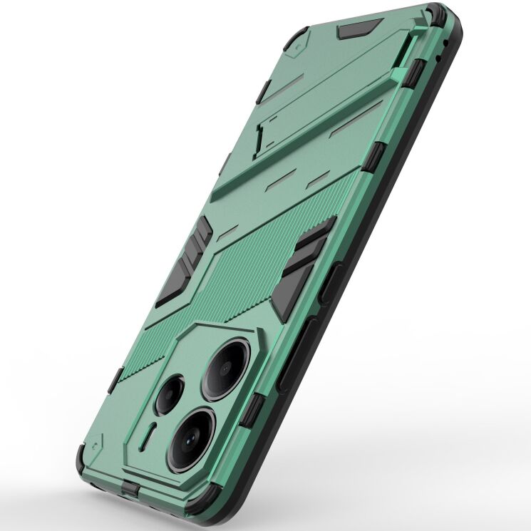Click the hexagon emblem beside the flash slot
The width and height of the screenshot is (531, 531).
point(117,444)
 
